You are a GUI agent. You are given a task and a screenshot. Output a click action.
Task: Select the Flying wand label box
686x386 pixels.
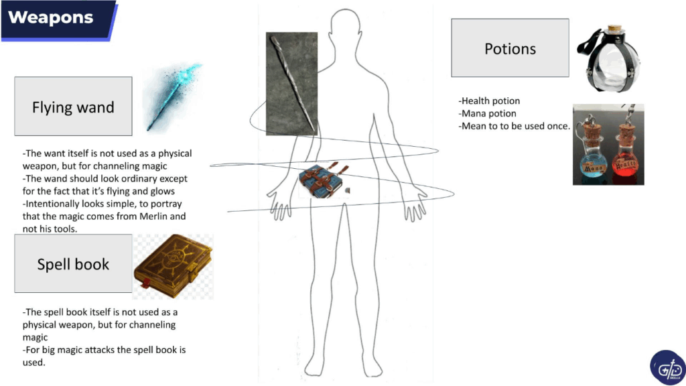73,107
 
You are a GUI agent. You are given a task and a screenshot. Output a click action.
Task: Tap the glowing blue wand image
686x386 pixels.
174,97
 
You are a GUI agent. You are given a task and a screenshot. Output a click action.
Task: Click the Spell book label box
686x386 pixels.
73,263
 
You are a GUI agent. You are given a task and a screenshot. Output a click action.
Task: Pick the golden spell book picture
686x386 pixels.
174,267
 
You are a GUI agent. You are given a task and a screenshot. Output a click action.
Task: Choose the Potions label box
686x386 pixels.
510,48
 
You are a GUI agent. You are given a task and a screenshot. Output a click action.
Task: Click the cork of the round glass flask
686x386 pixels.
615,29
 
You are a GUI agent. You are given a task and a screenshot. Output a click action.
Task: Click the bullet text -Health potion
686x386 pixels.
489,101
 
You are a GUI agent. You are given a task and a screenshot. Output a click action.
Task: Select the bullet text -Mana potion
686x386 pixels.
488,114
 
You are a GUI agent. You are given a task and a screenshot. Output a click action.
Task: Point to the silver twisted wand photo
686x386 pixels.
292,84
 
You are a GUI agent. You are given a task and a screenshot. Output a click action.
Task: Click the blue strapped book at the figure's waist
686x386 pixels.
324,180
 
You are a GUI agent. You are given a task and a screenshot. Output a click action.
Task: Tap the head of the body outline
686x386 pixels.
346,27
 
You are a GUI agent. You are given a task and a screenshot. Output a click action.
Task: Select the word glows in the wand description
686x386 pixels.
162,191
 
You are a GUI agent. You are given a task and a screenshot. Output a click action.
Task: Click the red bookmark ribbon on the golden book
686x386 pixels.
145,283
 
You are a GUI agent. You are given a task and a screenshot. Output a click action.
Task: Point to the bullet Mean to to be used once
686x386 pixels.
514,127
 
